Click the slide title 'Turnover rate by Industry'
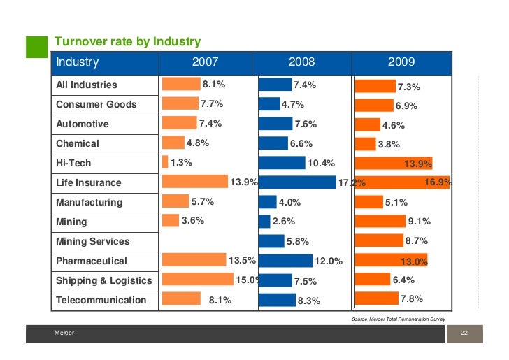(128, 42)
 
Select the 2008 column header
(301, 62)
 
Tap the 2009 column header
(401, 62)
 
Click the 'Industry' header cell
(78, 62)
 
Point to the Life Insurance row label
(88, 182)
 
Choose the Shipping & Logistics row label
(103, 280)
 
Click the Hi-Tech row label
(73, 163)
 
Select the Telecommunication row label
(101, 300)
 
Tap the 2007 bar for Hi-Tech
(165, 162)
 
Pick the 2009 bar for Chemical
(365, 144)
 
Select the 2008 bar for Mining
(264, 222)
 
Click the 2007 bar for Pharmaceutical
(194, 260)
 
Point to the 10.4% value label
(321, 164)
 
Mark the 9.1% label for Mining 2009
(419, 222)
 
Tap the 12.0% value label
(329, 261)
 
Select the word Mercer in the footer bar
(64, 334)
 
